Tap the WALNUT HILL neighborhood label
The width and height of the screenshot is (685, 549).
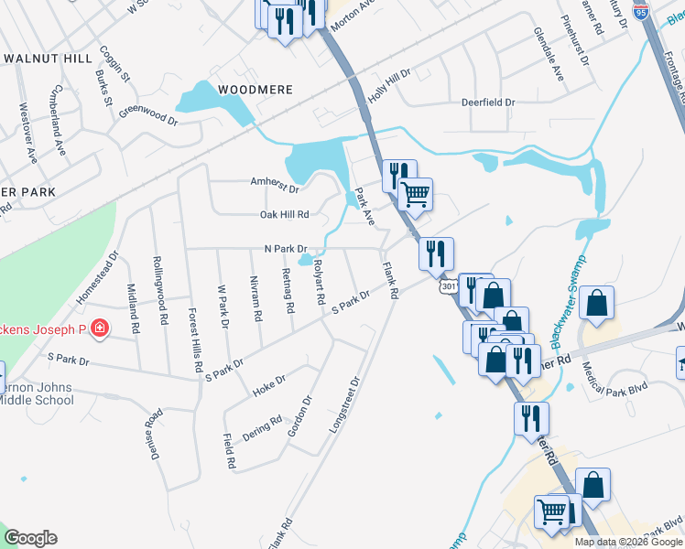coord(48,58)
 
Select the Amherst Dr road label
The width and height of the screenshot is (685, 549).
coord(275,181)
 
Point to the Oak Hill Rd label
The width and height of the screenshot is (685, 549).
coord(285,214)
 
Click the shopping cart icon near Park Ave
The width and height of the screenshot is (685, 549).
coord(416,194)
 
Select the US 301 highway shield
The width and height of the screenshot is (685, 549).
coord(448,287)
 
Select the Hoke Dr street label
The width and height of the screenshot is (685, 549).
coord(269,383)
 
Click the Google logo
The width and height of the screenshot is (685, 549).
coord(30,538)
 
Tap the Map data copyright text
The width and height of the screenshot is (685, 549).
coord(627,542)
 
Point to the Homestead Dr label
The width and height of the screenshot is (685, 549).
coord(99,279)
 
